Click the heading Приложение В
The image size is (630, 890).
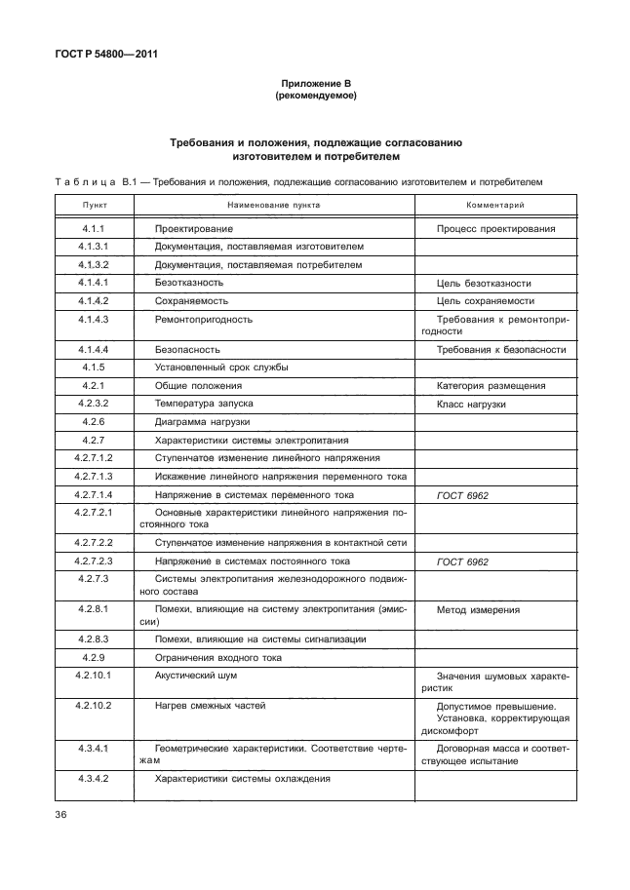314,85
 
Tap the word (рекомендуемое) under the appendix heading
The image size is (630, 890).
314,97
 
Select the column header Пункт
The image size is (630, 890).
95,206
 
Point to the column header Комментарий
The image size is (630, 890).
495,206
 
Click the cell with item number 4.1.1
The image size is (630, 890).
95,229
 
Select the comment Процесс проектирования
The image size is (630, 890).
496,229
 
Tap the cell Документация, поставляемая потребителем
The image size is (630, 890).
258,264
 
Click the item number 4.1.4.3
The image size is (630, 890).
95,319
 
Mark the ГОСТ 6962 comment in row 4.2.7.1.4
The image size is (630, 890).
463,495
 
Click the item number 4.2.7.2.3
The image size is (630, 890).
95,561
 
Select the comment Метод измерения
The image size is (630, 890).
479,610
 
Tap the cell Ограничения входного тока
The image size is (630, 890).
217,657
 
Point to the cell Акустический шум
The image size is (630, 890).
196,675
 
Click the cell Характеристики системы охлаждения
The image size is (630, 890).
243,779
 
